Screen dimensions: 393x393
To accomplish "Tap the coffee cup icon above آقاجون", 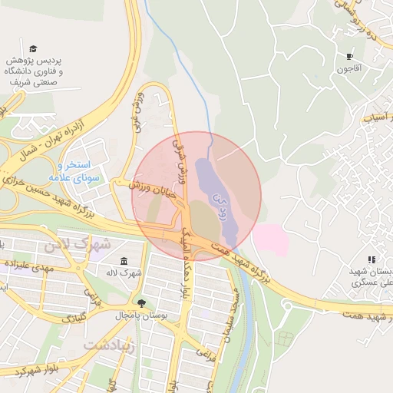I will pyautogui.click(x=350, y=56).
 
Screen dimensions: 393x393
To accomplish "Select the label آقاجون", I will pyautogui.click(x=348, y=69).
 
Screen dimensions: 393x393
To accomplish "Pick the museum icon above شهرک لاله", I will pyautogui.click(x=124, y=260).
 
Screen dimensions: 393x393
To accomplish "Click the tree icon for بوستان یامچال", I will pyautogui.click(x=140, y=302).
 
